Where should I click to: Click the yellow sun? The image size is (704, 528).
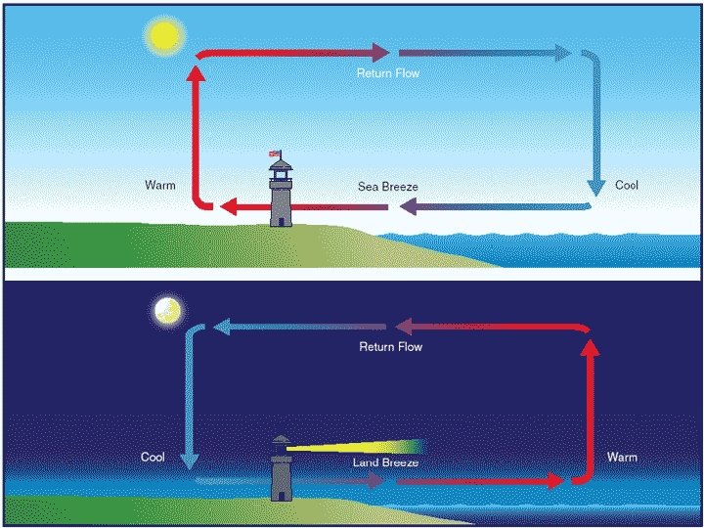point(164,37)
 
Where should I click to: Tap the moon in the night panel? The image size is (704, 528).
point(168,311)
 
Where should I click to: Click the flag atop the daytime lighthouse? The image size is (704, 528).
point(276,154)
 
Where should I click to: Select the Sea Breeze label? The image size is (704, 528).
point(387,186)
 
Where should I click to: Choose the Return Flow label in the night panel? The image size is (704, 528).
point(391,346)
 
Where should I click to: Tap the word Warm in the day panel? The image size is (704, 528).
point(160,185)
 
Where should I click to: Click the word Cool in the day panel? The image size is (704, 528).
point(627,185)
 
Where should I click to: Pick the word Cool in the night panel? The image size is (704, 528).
point(154,457)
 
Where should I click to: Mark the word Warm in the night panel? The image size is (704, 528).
point(622,457)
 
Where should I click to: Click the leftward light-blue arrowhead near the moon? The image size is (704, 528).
point(221,328)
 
